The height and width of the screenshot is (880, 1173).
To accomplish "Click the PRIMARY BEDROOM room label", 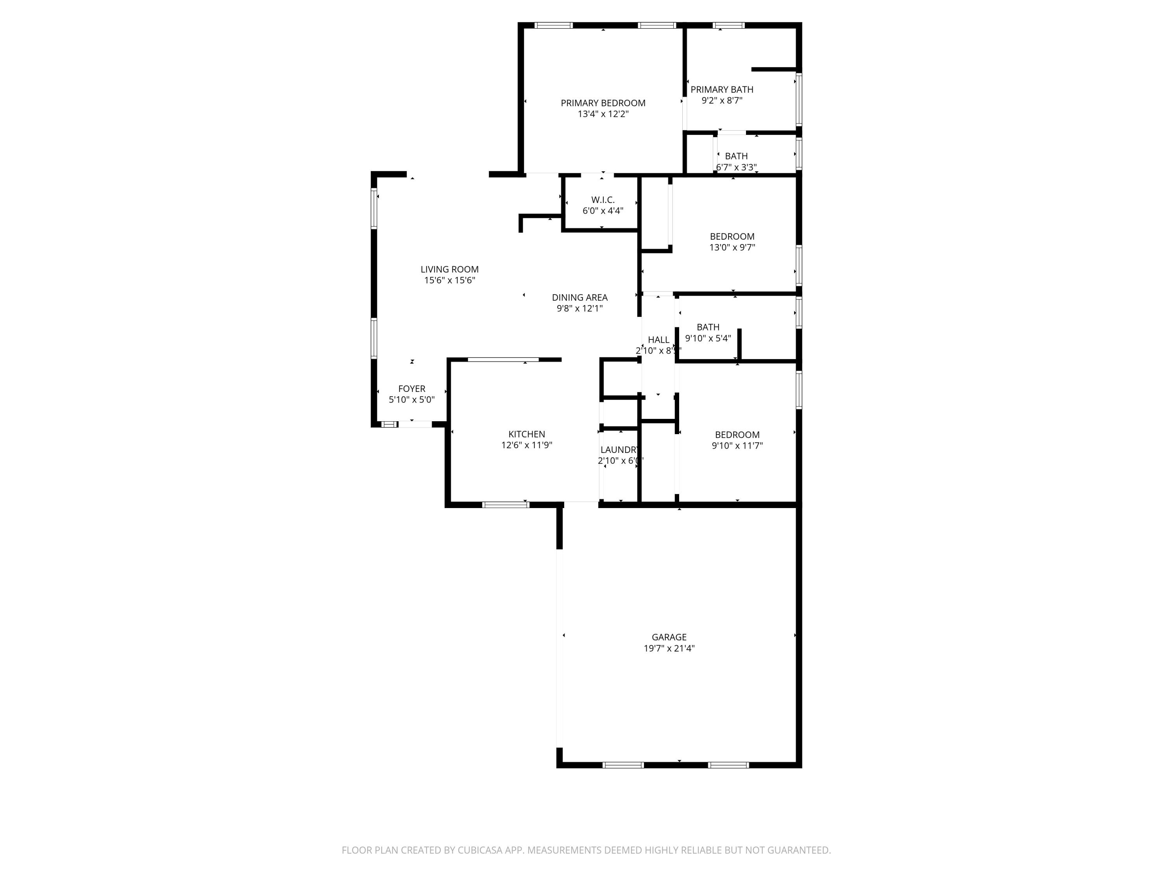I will click(603, 103).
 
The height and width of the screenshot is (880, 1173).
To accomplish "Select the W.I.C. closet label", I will click(603, 200).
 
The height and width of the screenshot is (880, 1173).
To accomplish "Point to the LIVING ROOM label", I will click(449, 269).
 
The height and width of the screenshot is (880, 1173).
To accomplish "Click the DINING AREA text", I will click(579, 298).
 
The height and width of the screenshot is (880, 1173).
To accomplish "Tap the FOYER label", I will click(411, 389).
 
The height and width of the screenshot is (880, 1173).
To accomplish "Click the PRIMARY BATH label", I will click(722, 90).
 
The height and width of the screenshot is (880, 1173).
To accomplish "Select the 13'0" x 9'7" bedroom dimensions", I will click(732, 247).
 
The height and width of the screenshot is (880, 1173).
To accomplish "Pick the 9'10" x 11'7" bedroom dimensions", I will click(737, 445).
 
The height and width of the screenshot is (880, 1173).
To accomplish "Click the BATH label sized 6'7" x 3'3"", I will click(736, 156).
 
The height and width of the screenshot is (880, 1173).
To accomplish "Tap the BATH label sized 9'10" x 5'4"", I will click(708, 327).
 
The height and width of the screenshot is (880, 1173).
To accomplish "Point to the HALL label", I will click(658, 340).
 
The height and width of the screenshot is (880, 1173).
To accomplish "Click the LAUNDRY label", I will click(619, 450).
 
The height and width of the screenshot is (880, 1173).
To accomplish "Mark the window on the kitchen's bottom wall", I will click(505, 505).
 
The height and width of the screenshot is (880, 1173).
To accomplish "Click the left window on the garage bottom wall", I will click(623, 765).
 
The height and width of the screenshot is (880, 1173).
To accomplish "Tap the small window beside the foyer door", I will click(389, 424).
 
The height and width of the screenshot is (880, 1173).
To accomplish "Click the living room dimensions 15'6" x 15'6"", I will click(449, 280).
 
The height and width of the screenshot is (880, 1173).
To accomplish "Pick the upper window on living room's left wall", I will click(374, 208).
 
